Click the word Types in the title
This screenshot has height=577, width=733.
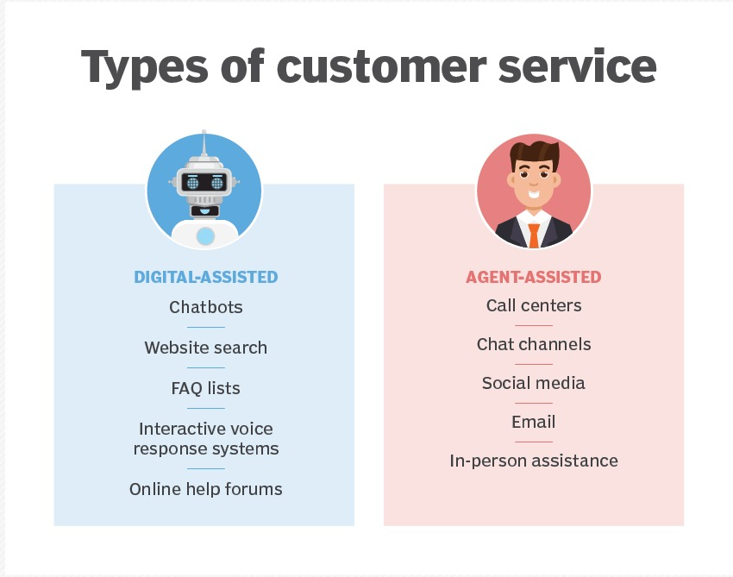tap(145, 67)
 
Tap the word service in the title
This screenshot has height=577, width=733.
tap(577, 67)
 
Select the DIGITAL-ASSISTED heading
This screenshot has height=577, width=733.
tap(206, 277)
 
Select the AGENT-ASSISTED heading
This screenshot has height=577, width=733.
tap(534, 277)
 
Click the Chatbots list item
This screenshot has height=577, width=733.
tap(206, 307)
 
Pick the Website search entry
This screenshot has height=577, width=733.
tap(206, 348)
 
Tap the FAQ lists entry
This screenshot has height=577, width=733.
tap(206, 389)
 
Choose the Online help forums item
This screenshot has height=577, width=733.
tap(206, 489)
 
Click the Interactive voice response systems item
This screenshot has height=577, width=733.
tap(206, 439)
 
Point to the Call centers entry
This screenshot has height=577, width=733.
tap(534, 305)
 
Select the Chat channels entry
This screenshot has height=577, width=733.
tap(534, 344)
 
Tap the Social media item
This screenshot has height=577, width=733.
tap(534, 383)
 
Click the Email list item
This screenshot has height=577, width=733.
tap(534, 422)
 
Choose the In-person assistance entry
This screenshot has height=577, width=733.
tap(534, 461)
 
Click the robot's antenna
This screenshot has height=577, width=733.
tap(204, 143)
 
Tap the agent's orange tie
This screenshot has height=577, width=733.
tap(534, 235)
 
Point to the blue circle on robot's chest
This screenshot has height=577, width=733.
tap(205, 236)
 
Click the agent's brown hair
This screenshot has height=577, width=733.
tap(535, 154)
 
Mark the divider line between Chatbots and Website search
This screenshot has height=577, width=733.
tap(206, 327)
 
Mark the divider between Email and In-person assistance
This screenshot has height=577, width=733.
tap(534, 442)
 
